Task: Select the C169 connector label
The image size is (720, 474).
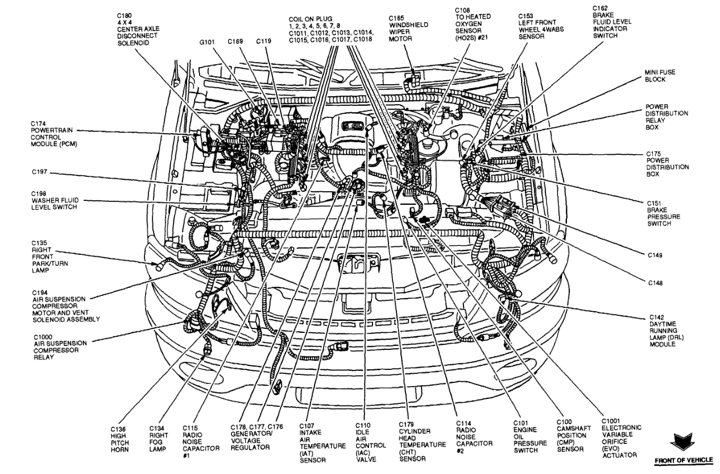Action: [x=235, y=41]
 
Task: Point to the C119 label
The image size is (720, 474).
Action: [x=263, y=41]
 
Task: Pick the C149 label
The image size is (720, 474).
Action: [x=655, y=255]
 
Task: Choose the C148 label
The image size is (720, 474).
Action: [x=655, y=283]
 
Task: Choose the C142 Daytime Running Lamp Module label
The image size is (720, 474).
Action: [x=668, y=330]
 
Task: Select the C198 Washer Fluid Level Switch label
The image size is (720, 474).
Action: [x=55, y=201]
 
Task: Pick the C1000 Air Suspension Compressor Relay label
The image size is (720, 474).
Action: [x=59, y=348]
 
